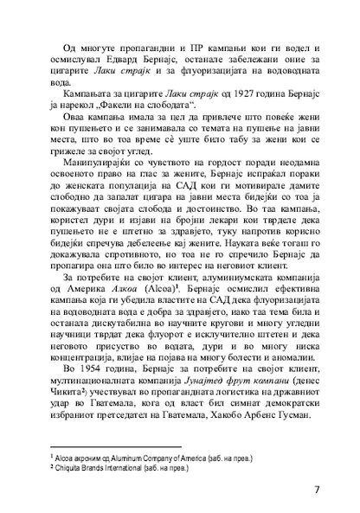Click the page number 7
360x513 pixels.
[317, 490]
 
